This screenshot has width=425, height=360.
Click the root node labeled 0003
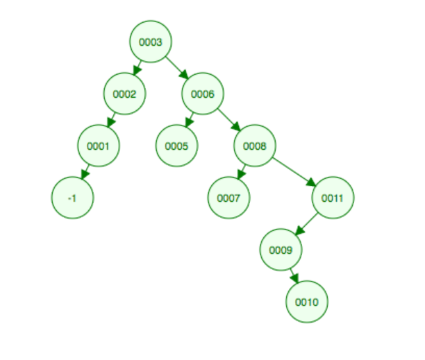tap(151, 42)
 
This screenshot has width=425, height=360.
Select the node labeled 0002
tap(124, 94)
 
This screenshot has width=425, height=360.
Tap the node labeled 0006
tap(203, 94)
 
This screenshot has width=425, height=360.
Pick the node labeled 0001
tap(99, 146)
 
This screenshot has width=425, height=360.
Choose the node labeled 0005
tap(176, 146)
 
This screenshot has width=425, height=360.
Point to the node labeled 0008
tap(255, 146)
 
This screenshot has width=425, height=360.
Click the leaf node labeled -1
tap(72, 198)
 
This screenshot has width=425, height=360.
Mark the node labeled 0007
tap(228, 198)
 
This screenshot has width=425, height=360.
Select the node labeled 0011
tap(333, 198)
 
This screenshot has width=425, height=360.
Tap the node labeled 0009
tap(281, 250)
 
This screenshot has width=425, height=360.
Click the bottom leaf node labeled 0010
tap(307, 302)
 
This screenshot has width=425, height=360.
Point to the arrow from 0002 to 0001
tap(111, 120)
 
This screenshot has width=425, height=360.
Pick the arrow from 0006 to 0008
tap(229, 120)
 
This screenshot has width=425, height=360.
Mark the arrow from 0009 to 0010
tap(294, 275)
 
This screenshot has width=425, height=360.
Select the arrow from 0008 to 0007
tap(242, 172)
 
